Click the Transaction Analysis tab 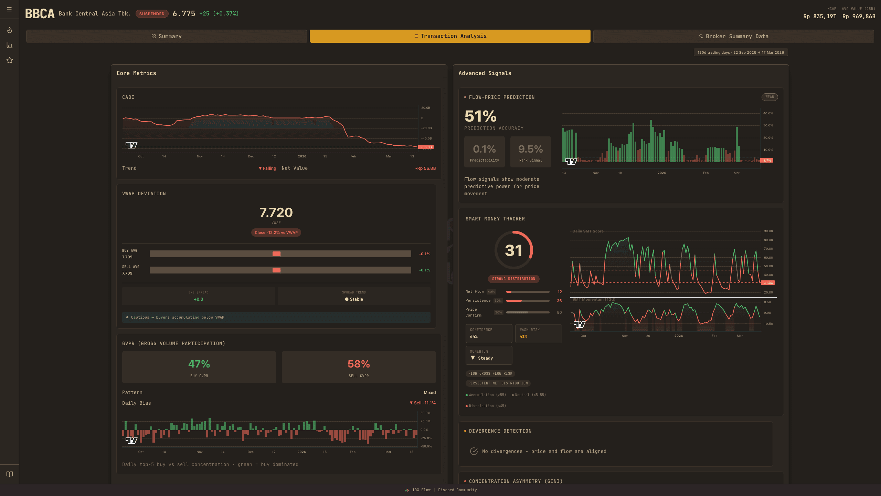pos(450,36)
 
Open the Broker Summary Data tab pos(733,36)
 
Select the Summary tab pos(166,36)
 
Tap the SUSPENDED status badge pos(152,14)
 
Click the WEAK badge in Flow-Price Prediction pos(769,97)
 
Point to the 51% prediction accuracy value pos(480,116)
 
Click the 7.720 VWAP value pos(276,213)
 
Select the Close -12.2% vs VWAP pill pos(276,232)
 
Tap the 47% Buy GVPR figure pos(199,364)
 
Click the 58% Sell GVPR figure pos(359,364)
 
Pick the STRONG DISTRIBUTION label pos(513,279)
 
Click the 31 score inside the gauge pos(513,250)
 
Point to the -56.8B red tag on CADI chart pos(426,147)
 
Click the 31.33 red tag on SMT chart pos(768,283)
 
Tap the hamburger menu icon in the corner pos(9,9)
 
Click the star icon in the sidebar pos(10,60)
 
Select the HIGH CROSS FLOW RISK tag pos(490,373)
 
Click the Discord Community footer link pos(457,490)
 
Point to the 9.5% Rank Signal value pos(530,149)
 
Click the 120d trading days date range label pos(741,52)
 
